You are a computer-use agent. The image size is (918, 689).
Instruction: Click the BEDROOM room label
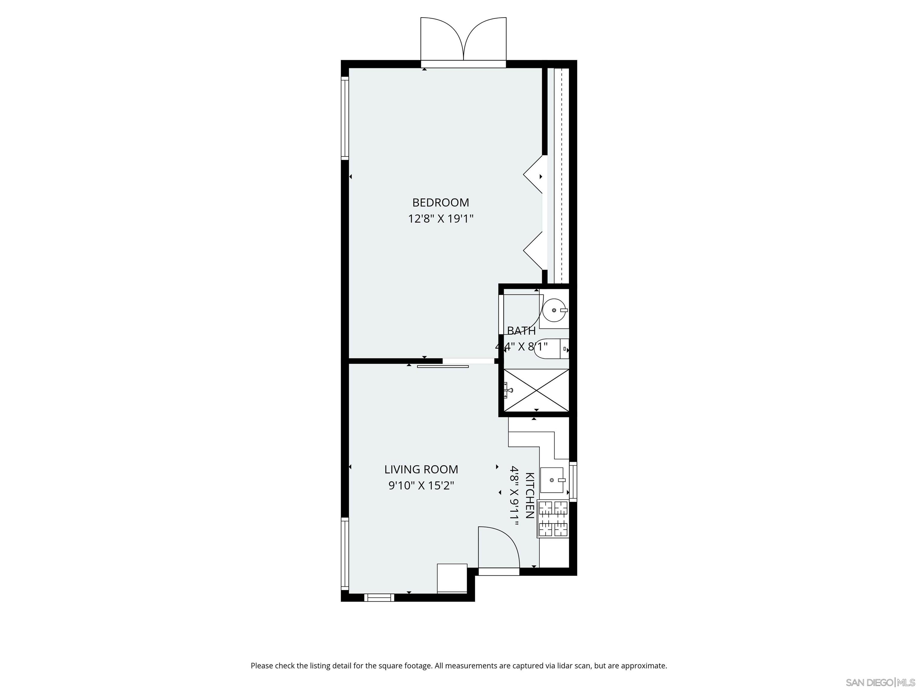440,203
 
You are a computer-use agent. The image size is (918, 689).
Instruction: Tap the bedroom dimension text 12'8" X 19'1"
440,219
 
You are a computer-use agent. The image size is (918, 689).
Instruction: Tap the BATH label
521,331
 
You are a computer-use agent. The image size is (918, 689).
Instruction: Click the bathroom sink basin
554,310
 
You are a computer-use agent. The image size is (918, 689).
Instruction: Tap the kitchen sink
552,480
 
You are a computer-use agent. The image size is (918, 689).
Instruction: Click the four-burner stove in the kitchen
553,519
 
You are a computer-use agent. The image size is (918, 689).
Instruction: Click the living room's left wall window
345,553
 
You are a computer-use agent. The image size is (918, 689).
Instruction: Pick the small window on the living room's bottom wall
379,597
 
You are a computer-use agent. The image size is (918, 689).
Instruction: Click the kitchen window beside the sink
573,482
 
